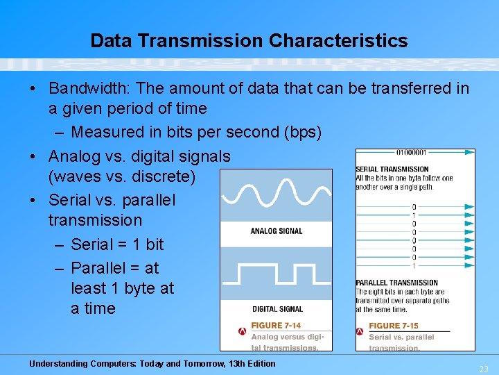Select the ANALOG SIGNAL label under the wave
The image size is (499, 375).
276,231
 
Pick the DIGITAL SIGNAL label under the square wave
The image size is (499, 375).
277,309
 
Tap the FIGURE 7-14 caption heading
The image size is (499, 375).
276,326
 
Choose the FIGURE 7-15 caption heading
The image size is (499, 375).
394,326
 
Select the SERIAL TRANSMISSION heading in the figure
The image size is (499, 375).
392,169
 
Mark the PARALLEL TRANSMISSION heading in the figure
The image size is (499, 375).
396,283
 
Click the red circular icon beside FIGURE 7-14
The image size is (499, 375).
242,331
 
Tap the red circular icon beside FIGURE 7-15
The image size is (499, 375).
361,331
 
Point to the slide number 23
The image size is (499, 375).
483,369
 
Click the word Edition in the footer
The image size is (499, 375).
259,364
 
